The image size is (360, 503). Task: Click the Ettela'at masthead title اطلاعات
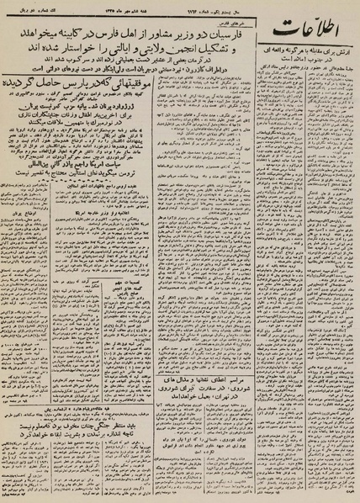[310, 39]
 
